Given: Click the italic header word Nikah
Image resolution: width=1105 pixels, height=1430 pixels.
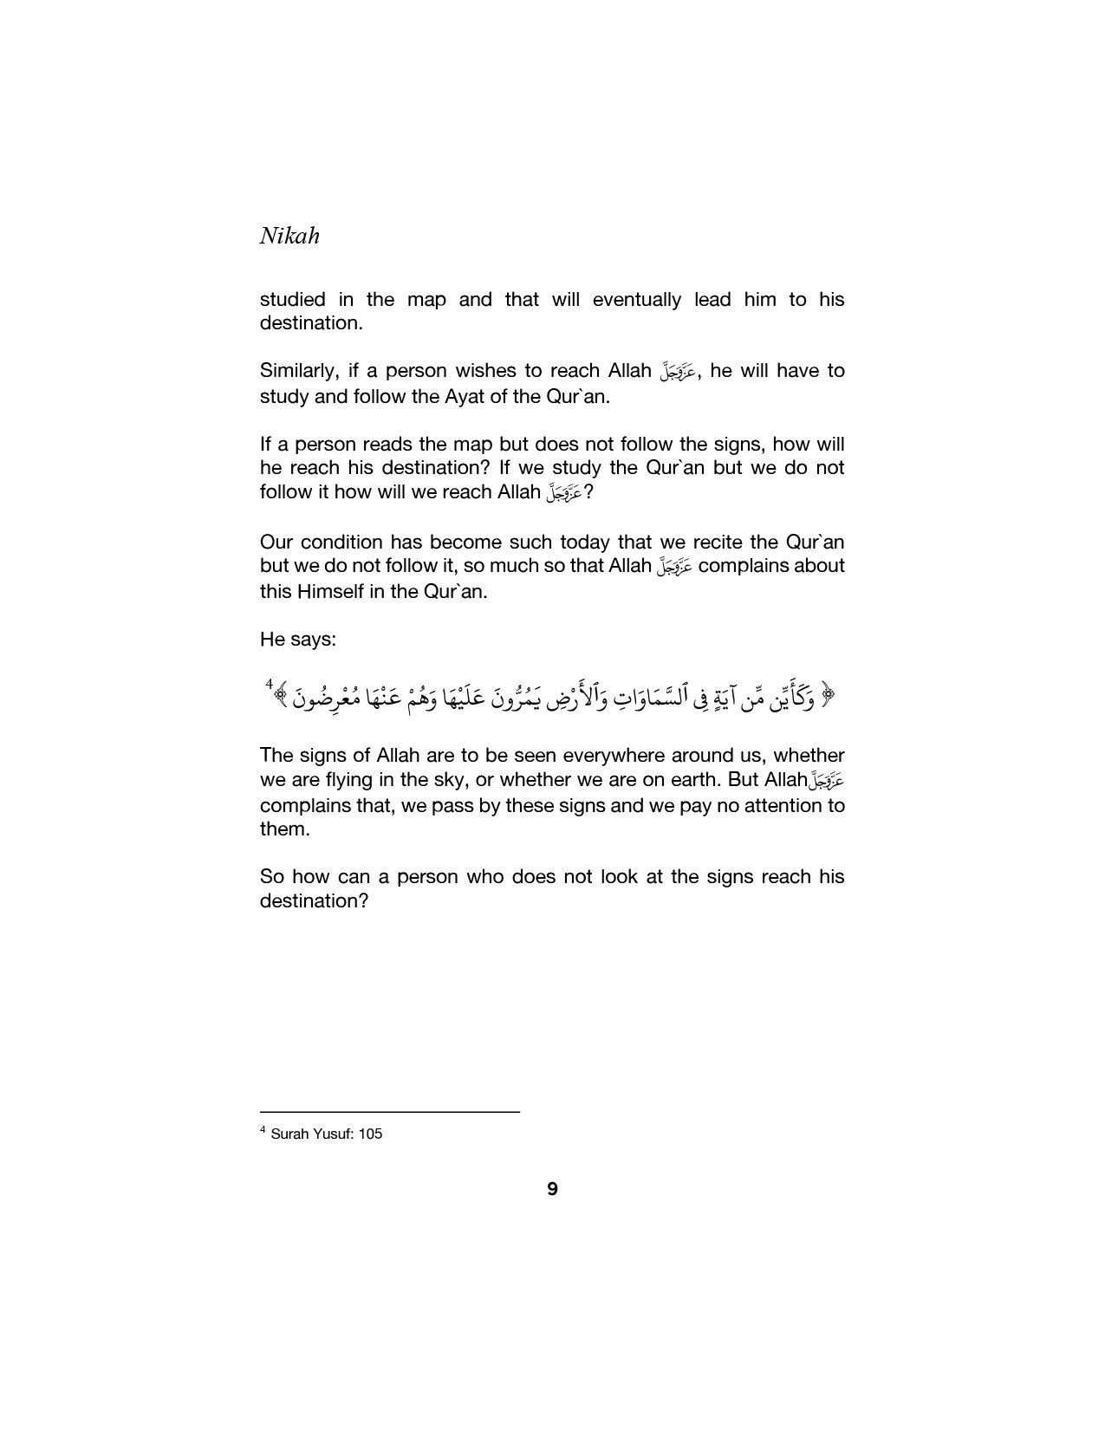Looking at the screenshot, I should [289, 236].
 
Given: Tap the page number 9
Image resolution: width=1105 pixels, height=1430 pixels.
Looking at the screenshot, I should [553, 1189].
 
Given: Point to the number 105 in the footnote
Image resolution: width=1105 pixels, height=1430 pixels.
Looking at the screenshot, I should [370, 1134].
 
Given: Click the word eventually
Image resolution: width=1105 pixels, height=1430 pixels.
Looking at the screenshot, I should [635, 300].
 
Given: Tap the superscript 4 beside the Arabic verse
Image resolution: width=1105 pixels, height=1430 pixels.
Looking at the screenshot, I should [270, 686].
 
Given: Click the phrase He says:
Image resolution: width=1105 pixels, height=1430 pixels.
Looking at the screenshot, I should [297, 640].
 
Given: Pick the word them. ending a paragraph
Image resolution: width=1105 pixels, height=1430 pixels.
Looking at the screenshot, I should [284, 829].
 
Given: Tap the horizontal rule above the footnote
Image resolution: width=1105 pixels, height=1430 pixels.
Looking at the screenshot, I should [389, 1111].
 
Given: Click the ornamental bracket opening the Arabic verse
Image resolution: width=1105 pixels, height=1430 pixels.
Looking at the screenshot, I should [827, 694].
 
